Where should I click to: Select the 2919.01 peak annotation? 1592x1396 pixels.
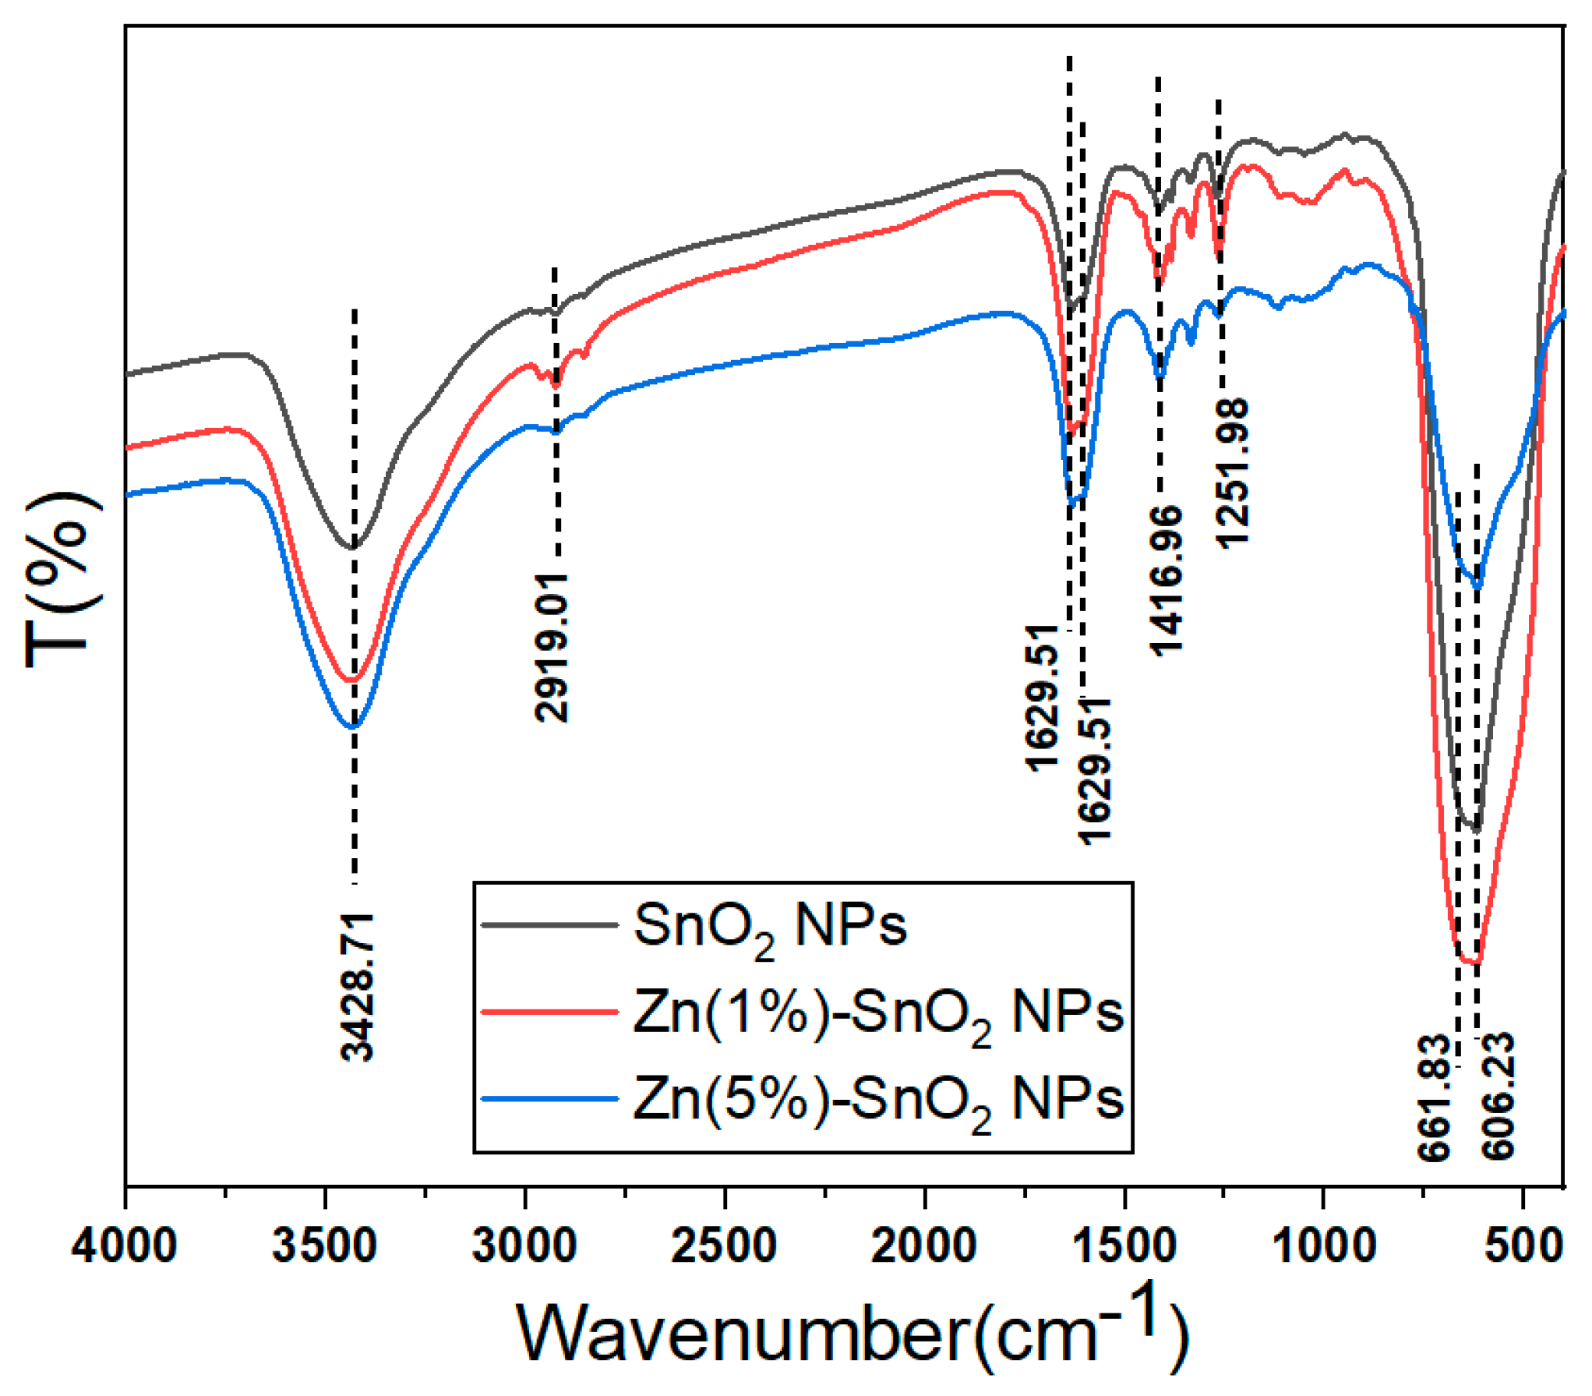(552, 647)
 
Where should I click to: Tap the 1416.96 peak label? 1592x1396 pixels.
(1166, 580)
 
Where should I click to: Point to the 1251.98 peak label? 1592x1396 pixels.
(1232, 473)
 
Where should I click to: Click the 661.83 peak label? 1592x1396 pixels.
(1434, 1097)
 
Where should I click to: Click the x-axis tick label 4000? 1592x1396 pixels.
(124, 1245)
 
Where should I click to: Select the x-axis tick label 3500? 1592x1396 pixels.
(324, 1245)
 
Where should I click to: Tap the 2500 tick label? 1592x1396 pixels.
(724, 1245)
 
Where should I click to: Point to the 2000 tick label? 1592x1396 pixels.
(923, 1245)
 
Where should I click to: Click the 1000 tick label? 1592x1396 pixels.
(1323, 1245)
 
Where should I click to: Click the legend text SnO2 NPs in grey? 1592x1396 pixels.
(770, 928)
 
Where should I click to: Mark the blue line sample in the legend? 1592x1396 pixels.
(549, 1099)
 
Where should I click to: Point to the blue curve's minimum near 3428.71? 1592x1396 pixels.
(353, 726)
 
